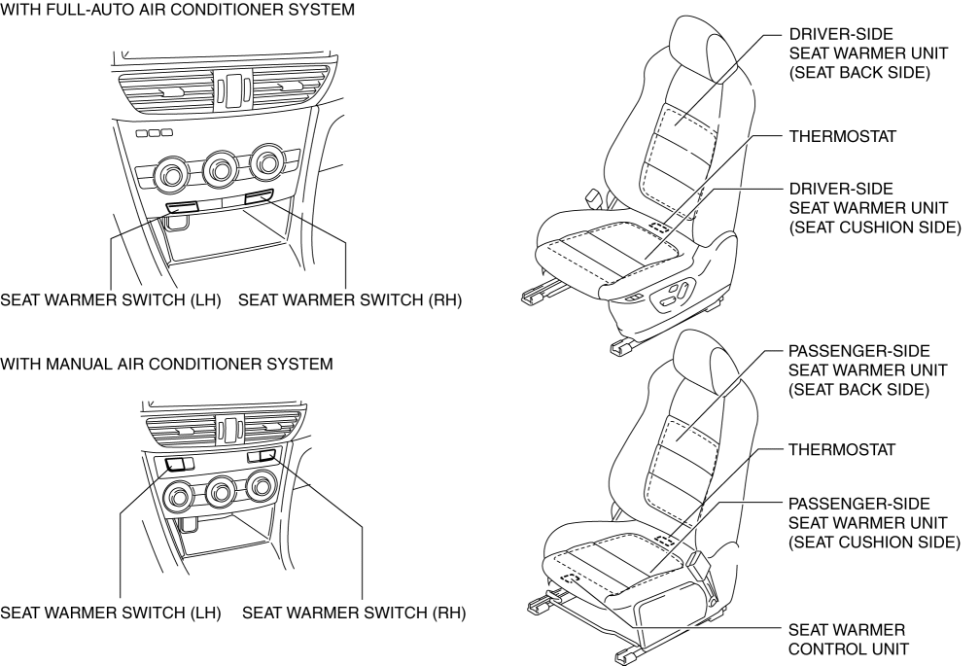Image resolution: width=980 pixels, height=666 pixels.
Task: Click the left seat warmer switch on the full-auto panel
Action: click(182, 207)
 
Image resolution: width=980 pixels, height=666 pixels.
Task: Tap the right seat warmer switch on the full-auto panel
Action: click(260, 200)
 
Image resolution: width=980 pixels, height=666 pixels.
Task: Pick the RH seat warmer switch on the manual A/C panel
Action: click(262, 455)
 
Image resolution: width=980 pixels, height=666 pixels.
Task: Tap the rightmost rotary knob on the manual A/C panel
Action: click(262, 484)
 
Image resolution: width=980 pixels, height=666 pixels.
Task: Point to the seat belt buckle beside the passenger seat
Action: click(697, 563)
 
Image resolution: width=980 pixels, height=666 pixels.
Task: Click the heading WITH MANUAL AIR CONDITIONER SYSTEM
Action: click(167, 365)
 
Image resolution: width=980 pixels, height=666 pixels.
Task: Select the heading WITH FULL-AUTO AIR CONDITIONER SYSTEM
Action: click(177, 9)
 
